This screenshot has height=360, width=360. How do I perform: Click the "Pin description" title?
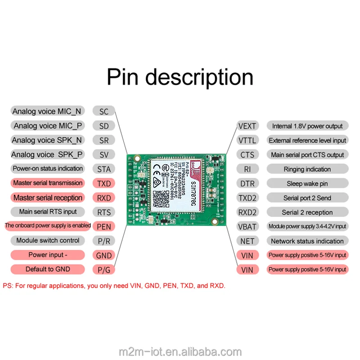pos(180,77)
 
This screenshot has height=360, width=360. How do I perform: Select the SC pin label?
pos(104,112)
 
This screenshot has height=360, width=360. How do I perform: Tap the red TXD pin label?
pos(104,184)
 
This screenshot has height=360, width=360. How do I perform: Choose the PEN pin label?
pos(104,226)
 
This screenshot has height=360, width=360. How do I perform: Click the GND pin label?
pos(104,255)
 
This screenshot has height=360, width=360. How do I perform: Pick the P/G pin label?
pos(104,270)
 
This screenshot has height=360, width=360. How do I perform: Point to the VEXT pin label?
pos(247,126)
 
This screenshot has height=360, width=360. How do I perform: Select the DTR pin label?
pos(247,184)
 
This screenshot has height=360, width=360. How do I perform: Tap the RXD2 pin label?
pos(247,212)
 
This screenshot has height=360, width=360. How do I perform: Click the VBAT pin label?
pos(247,226)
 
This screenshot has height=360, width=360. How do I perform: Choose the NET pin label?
pos(247,241)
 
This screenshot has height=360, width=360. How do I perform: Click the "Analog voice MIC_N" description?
pos(47,112)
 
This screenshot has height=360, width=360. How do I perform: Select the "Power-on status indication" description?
pos(48,169)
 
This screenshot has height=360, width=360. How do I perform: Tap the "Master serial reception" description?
pos(48,198)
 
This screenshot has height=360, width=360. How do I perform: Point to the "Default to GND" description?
pos(48,269)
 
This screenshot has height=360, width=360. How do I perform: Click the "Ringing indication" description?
pos(307,169)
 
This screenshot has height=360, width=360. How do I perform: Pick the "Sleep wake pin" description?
pos(307,184)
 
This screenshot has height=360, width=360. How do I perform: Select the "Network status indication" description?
pos(307,241)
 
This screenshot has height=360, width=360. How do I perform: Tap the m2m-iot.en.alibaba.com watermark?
pos(180,351)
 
